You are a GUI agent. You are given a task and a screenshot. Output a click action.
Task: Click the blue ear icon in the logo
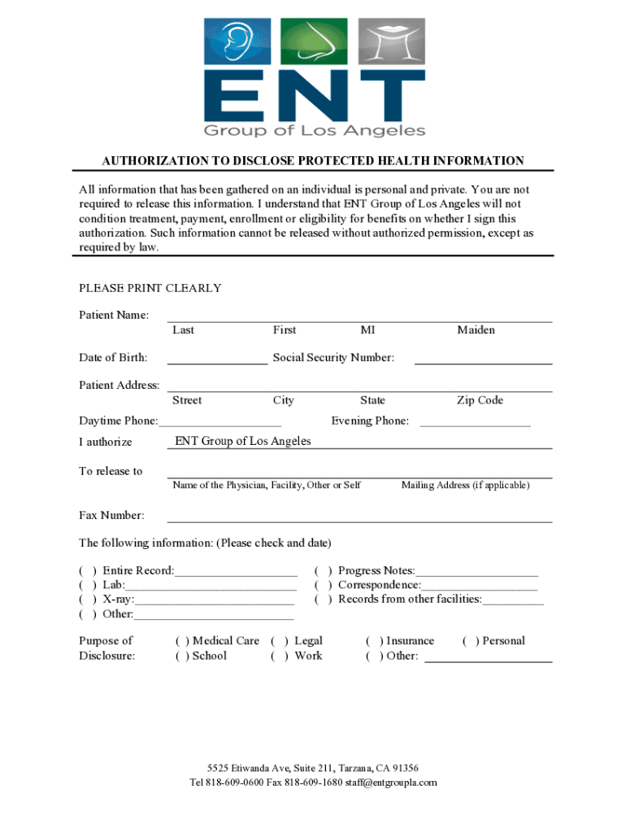click(x=238, y=42)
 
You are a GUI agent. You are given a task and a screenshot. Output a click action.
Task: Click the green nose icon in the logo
click(x=314, y=42)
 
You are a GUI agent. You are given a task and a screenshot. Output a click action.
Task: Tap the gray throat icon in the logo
click(x=391, y=42)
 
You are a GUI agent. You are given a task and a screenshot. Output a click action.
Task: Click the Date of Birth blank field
click(x=217, y=358)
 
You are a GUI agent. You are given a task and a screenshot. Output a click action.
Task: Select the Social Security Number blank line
click(x=483, y=358)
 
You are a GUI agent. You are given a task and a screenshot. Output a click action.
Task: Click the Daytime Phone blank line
click(x=220, y=421)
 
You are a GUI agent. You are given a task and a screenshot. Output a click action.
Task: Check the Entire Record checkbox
click(x=88, y=571)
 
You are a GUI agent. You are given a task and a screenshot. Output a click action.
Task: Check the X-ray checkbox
click(x=88, y=600)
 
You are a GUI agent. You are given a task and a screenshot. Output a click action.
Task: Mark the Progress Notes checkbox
click(x=324, y=571)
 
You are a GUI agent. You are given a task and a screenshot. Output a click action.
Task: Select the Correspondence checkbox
click(x=324, y=585)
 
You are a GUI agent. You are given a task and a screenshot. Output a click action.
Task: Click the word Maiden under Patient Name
click(x=476, y=330)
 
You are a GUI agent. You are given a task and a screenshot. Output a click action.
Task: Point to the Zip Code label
click(x=480, y=400)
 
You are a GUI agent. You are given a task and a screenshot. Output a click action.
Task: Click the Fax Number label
click(x=111, y=516)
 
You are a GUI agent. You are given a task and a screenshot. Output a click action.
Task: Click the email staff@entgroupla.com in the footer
click(x=391, y=783)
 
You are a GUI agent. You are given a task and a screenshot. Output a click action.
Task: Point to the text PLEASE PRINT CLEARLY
click(x=150, y=288)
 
